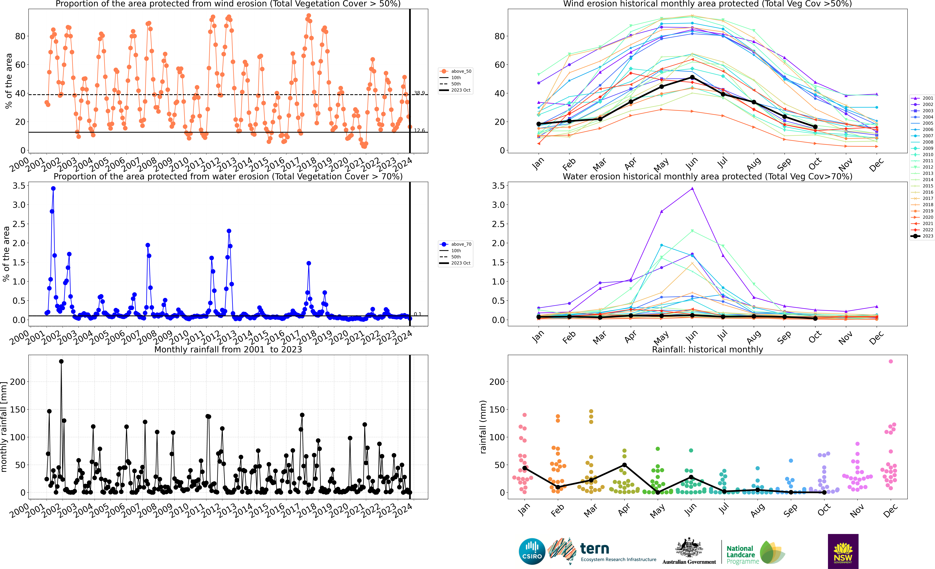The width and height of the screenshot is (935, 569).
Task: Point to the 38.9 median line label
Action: point(419,93)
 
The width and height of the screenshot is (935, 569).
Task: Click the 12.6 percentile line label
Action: point(419,130)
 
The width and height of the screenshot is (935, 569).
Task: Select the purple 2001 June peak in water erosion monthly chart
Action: point(692,189)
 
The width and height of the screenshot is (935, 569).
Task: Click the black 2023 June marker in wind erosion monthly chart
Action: point(692,77)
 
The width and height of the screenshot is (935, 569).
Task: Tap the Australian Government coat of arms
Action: point(689,548)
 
